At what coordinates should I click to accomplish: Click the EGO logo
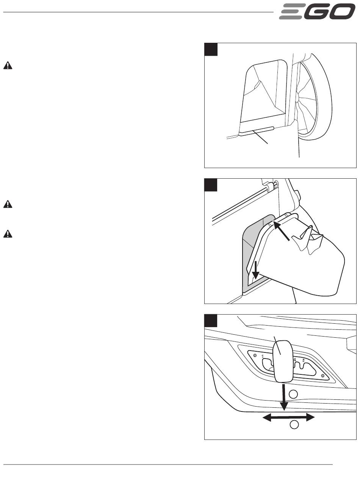tap(317, 11)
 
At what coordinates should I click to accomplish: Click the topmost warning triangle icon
tap(8, 65)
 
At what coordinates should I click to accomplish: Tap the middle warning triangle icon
tap(8, 204)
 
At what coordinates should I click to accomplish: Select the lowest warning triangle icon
tap(8, 234)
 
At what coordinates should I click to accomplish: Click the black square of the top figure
tap(211, 50)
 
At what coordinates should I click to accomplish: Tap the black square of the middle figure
tap(211, 185)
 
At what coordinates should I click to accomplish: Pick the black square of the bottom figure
tap(211, 321)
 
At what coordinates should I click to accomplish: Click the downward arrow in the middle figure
tap(255, 270)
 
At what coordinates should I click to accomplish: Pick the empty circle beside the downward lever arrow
tap(293, 394)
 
